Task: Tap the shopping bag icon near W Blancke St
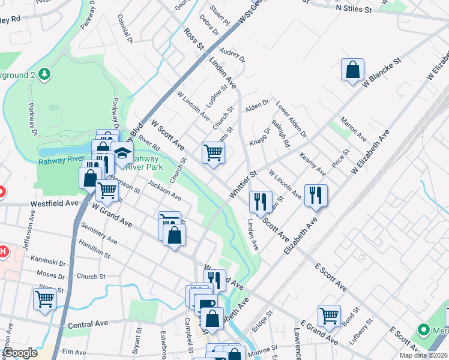[352, 69]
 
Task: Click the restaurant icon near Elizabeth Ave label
[315, 194]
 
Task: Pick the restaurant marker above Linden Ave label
[261, 201]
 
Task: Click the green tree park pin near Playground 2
[44, 74]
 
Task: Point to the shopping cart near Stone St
[44, 298]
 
